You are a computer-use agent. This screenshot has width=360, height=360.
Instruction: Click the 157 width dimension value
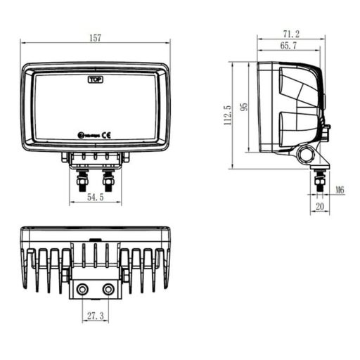pos(95,38)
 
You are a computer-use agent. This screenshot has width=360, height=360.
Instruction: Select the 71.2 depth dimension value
pos(290,33)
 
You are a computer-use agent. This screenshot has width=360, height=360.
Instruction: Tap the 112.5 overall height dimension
pos(227,116)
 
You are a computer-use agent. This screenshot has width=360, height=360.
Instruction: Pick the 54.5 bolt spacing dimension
pos(95,198)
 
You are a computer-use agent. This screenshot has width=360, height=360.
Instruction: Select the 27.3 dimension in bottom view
pos(95,318)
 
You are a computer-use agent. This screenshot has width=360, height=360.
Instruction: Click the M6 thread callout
pos(340,190)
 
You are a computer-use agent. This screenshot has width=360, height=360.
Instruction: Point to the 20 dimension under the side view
pos(320,207)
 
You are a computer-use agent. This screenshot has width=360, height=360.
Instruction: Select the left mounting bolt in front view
pos(82,179)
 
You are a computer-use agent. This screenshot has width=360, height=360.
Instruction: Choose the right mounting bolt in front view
pos(108,179)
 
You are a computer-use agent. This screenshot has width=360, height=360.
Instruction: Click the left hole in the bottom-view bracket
pos(83,290)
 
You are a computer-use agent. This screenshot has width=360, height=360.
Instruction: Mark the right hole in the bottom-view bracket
pos(108,290)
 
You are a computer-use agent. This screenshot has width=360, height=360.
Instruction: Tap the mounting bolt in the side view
pos(320,180)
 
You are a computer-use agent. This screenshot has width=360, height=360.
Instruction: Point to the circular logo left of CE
pos(80,134)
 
